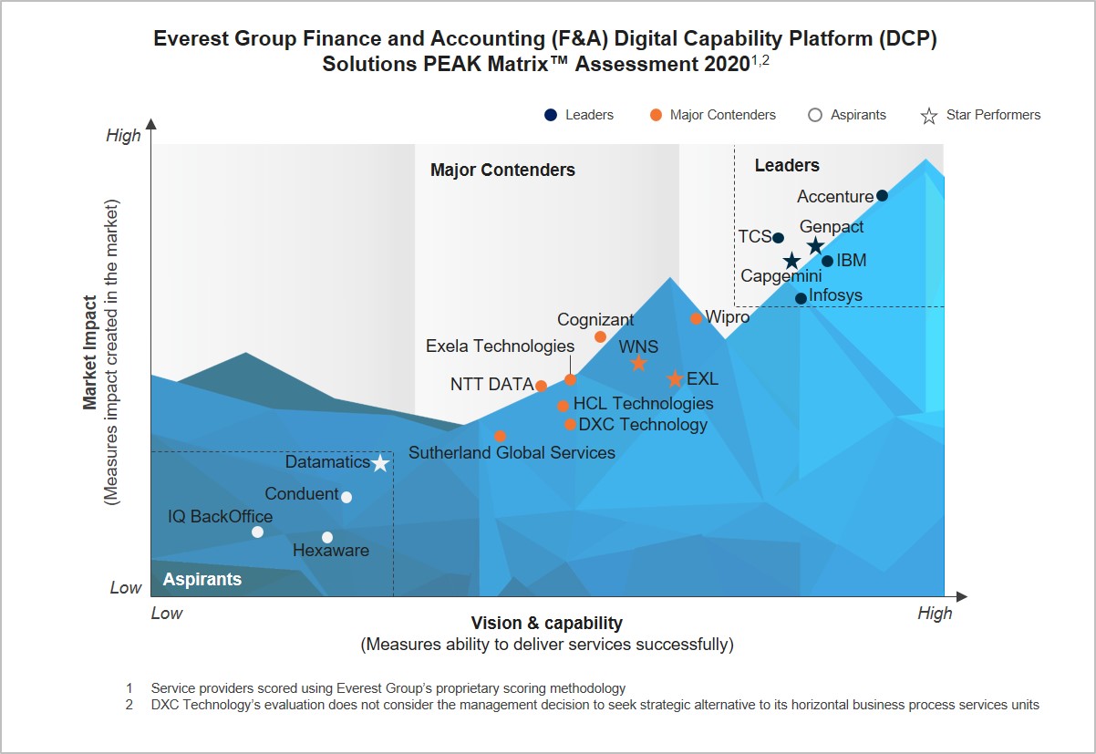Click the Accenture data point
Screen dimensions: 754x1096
point(882,195)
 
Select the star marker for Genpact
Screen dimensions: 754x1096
point(815,246)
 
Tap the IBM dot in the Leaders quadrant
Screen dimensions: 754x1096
point(827,261)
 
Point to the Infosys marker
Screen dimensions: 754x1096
point(801,298)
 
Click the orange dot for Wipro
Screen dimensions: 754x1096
point(696,318)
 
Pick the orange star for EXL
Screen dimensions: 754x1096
point(675,379)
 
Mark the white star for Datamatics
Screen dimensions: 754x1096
point(380,463)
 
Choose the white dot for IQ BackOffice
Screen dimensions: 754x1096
point(257,532)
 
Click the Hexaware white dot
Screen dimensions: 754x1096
point(327,537)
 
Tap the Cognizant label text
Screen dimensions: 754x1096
point(595,320)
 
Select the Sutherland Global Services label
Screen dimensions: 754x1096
point(512,453)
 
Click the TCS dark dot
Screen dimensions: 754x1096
point(778,238)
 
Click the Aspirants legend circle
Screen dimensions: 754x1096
point(815,115)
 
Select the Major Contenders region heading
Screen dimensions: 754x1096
point(502,170)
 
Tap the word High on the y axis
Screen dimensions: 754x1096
point(124,136)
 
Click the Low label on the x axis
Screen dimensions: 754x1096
point(166,613)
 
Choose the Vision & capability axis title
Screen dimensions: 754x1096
point(546,624)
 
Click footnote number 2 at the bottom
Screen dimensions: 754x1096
point(129,705)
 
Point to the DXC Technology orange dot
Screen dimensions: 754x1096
point(570,424)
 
